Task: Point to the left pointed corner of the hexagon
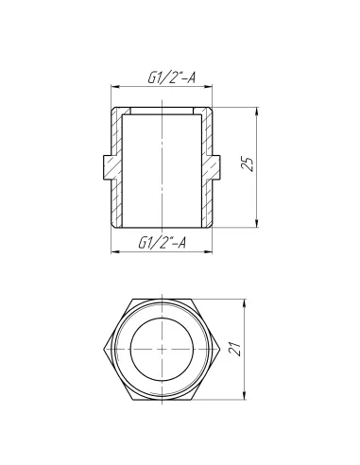tap(105, 349)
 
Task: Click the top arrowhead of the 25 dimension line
tap(256, 111)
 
